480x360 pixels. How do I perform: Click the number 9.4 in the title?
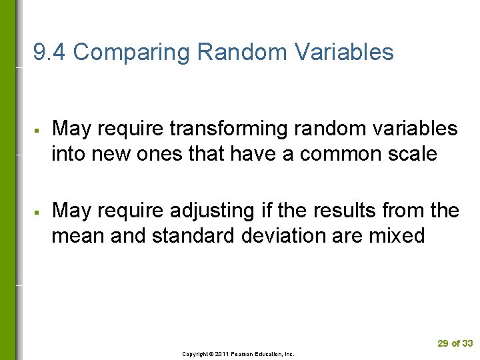click(49, 53)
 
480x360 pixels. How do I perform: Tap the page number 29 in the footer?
click(443, 343)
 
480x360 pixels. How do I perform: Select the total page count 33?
click(467, 343)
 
